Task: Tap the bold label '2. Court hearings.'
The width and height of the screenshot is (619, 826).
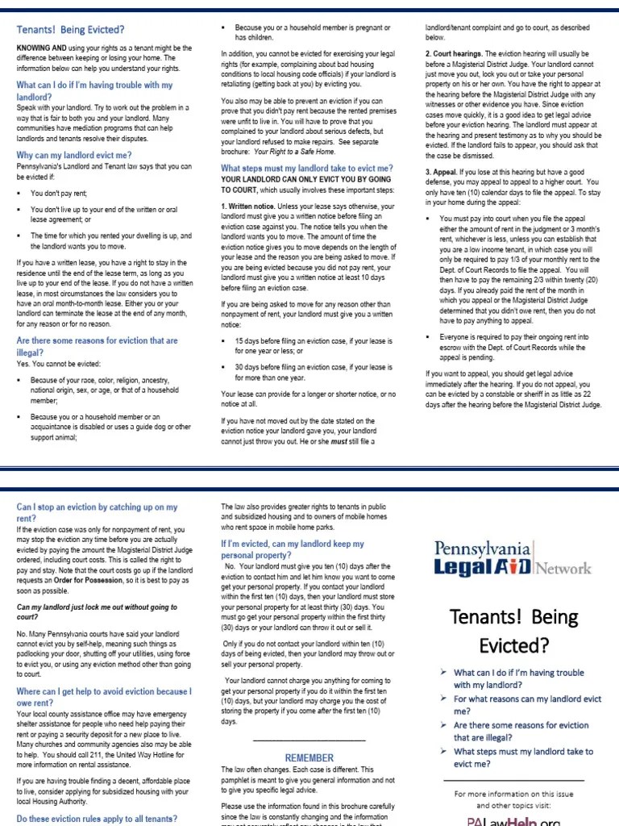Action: [454, 53]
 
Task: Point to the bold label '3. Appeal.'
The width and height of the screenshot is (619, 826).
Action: [442, 172]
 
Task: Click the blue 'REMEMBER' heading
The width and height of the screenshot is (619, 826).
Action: [309, 757]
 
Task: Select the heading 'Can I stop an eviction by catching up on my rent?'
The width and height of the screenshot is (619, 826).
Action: [97, 512]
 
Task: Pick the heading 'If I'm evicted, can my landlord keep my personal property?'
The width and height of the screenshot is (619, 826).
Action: [293, 549]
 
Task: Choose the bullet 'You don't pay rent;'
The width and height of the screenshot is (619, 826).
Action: [58, 194]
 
